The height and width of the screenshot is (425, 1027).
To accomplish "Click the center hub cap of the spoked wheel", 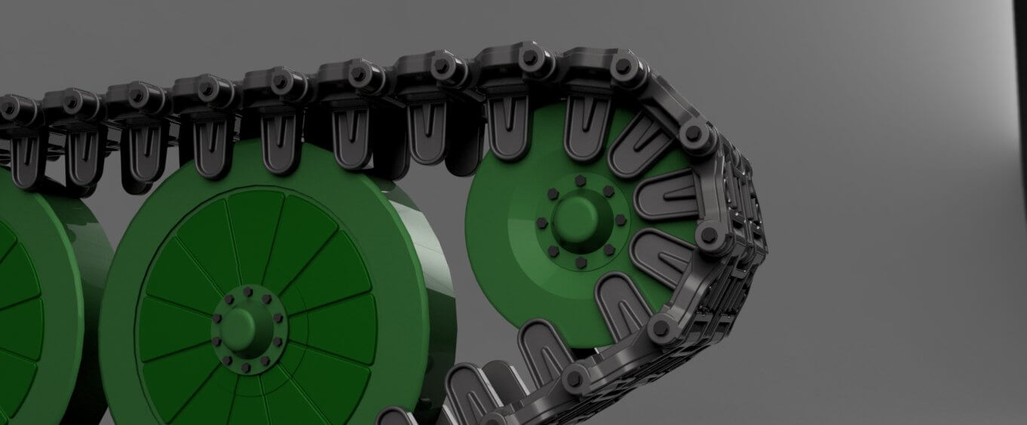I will tap(244, 325).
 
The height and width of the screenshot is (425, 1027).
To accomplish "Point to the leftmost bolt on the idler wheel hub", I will tap(541, 223).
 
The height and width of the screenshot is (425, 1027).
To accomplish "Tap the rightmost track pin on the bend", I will tap(710, 234).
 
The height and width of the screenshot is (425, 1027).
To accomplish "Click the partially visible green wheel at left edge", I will tap(30, 301).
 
